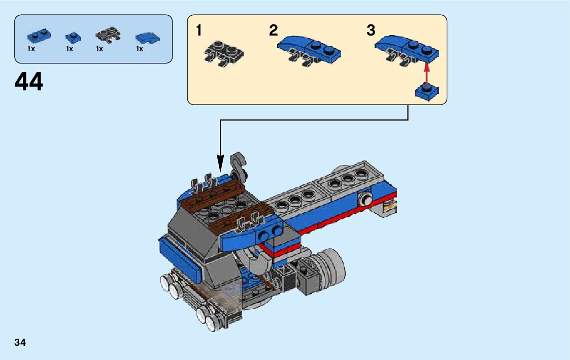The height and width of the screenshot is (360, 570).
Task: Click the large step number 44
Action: pyautogui.click(x=29, y=82)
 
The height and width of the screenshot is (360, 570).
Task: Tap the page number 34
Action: pyautogui.click(x=20, y=342)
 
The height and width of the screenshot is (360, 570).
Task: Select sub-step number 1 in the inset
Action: pyautogui.click(x=199, y=31)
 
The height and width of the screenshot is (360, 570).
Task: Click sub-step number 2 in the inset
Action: pyautogui.click(x=274, y=31)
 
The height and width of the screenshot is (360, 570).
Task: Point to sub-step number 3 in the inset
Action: pyautogui.click(x=371, y=31)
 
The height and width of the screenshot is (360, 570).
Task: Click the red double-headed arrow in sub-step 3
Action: pyautogui.click(x=426, y=73)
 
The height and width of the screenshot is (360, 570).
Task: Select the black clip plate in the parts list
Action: pyautogui.click(x=108, y=36)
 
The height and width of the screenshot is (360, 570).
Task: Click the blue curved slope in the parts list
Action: pyautogui.click(x=147, y=38)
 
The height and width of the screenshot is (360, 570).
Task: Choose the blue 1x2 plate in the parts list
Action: pyautogui.click(x=39, y=36)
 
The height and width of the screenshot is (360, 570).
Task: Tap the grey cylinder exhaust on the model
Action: pyautogui.click(x=327, y=267)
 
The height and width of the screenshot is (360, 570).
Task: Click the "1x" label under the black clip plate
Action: pyautogui.click(x=99, y=49)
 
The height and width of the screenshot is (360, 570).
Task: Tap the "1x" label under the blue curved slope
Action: pyautogui.click(x=140, y=49)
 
